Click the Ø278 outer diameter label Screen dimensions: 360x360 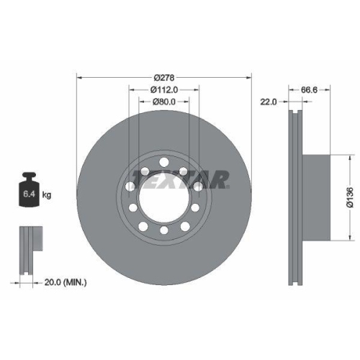[x=164, y=78]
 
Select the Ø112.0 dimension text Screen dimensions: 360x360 [x=164, y=90]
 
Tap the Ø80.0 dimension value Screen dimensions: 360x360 [x=164, y=102]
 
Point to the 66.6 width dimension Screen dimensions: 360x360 [x=309, y=90]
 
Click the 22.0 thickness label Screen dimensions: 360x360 [x=269, y=102]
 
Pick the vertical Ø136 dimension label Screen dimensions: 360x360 [x=350, y=197]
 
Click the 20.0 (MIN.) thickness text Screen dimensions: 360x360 [x=66, y=282]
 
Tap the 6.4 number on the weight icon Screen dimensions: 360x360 [x=29, y=194]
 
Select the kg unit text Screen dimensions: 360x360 [x=47, y=194]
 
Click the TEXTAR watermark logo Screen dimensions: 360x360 [x=181, y=179]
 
